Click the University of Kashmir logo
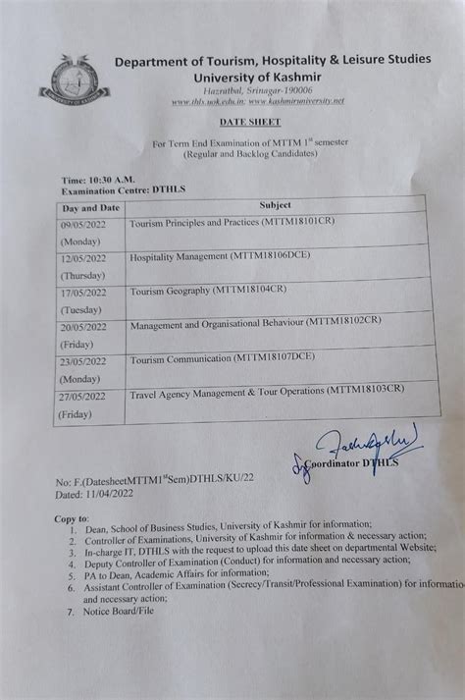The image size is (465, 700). pyautogui.click(x=74, y=81)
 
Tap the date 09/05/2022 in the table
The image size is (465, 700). pyautogui.click(x=84, y=225)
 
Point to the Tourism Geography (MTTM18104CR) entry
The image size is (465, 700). pyautogui.click(x=208, y=290)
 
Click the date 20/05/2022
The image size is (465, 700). pyautogui.click(x=84, y=328)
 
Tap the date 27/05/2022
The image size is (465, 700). pyautogui.click(x=82, y=398)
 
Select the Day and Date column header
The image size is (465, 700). pyautogui.click(x=91, y=208)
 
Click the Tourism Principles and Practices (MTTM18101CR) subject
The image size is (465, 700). pyautogui.click(x=232, y=222)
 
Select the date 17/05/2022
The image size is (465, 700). pyautogui.click(x=84, y=293)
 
